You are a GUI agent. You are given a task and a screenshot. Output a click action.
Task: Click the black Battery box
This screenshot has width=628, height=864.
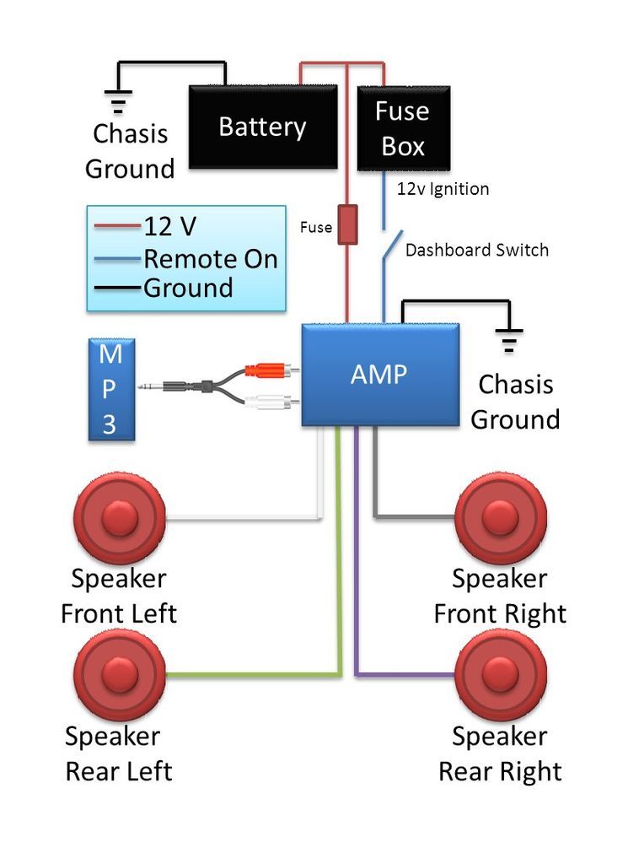coord(261,127)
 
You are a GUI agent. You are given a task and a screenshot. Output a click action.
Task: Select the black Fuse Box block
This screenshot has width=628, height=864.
coord(403,128)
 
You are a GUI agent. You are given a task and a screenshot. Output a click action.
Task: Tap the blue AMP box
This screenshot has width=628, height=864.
coord(380,374)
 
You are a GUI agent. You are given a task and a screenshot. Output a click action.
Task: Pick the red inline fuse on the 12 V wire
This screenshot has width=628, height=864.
coord(347,224)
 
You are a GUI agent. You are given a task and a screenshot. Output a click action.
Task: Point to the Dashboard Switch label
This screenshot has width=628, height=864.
coord(476,250)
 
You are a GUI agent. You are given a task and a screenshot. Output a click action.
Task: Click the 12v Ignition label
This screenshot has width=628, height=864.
coord(443,189)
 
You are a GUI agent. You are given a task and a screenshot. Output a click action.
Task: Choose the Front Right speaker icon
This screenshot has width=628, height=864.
coord(501,517)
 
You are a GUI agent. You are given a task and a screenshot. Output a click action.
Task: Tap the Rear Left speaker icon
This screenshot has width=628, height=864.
coord(119,674)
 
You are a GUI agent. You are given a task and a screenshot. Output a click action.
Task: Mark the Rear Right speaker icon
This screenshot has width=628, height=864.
coord(501,674)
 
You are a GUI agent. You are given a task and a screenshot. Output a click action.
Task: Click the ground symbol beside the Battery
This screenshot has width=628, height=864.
coord(118,100)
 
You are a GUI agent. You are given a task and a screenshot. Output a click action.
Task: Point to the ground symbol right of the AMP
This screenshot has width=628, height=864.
coord(509,339)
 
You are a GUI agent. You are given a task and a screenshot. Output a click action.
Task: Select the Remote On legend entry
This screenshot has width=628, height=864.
coord(210,258)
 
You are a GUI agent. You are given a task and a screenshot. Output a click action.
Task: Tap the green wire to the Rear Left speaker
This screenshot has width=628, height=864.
coord(253,674)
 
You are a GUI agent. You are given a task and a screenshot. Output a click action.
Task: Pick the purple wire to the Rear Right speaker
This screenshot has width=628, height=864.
coord(405,674)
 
